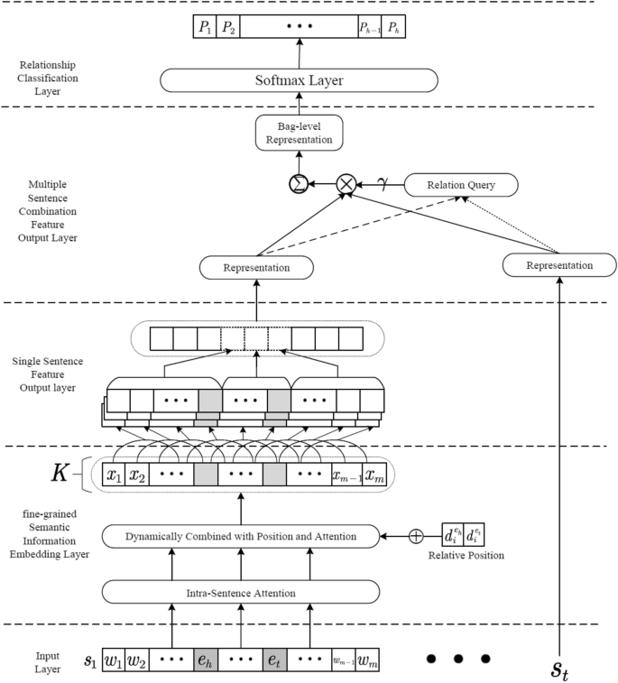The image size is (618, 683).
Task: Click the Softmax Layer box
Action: pyautogui.click(x=299, y=81)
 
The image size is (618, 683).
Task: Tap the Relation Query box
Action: pyautogui.click(x=462, y=186)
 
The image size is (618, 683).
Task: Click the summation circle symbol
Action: pyautogui.click(x=296, y=185)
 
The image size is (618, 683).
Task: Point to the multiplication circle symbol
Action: pyautogui.click(x=346, y=185)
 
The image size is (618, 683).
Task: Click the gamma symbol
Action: pyautogui.click(x=383, y=184)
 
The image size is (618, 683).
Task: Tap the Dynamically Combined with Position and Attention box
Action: pyautogui.click(x=241, y=536)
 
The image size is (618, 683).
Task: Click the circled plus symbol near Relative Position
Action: pyautogui.click(x=416, y=536)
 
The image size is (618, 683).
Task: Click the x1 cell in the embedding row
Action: pyautogui.click(x=114, y=475)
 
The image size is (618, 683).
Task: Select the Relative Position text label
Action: pyautogui.click(x=466, y=556)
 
